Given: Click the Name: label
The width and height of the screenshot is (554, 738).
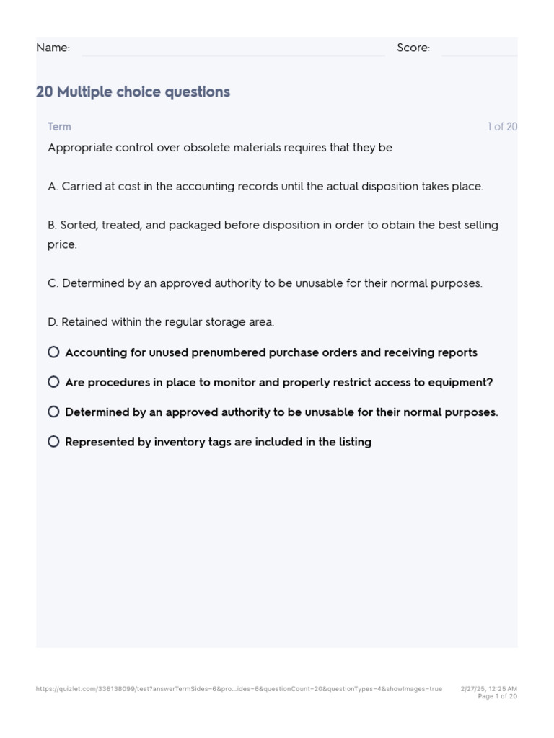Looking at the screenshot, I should tap(53, 48).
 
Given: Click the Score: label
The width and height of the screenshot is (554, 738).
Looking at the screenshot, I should tap(413, 48).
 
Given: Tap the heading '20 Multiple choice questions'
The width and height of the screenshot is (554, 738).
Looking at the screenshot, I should tap(133, 92).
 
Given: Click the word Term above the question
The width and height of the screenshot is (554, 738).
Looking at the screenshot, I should tap(59, 127).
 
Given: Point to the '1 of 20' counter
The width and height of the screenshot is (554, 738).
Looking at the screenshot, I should tap(502, 127).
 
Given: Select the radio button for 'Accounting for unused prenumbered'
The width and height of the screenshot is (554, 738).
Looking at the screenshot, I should tap(53, 352).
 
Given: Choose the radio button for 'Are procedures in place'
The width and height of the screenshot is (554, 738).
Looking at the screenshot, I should tap(53, 382).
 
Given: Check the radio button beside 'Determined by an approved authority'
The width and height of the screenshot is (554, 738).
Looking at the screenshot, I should tap(53, 412).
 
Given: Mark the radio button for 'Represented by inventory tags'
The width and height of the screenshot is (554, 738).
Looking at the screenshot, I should tap(53, 441).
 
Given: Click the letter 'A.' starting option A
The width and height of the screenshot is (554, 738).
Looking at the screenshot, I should tap(53, 187).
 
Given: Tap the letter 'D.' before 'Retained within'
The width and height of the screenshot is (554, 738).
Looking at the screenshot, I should tap(53, 322).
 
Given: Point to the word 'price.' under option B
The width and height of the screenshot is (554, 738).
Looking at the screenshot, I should tap(62, 245).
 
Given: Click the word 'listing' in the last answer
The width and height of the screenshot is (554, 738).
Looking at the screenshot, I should tap(355, 442).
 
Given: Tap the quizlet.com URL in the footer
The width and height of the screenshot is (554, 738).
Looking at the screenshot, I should tap(239, 689).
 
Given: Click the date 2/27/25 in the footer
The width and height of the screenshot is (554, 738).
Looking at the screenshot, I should tap(473, 689).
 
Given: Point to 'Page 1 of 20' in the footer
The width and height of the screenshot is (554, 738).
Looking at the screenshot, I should tap(497, 697).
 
